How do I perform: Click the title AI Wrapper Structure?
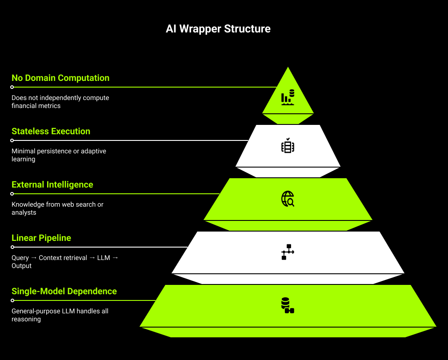218,29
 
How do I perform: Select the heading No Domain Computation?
60,78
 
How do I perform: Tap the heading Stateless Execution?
51,131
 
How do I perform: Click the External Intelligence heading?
52,184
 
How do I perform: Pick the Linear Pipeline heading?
41,238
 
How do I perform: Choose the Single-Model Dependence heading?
64,291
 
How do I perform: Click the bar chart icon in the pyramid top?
288,97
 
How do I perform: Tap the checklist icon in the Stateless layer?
288,146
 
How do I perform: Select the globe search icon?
288,199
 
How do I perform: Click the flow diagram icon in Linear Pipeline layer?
288,252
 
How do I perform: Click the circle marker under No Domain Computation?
12,87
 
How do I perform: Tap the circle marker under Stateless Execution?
12,140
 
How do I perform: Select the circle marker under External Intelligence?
12,194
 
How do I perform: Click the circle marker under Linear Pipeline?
12,247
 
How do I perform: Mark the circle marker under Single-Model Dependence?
12,300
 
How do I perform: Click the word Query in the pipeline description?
20,258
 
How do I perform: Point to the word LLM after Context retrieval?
104,258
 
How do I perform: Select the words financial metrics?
36,106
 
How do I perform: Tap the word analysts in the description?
24,212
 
